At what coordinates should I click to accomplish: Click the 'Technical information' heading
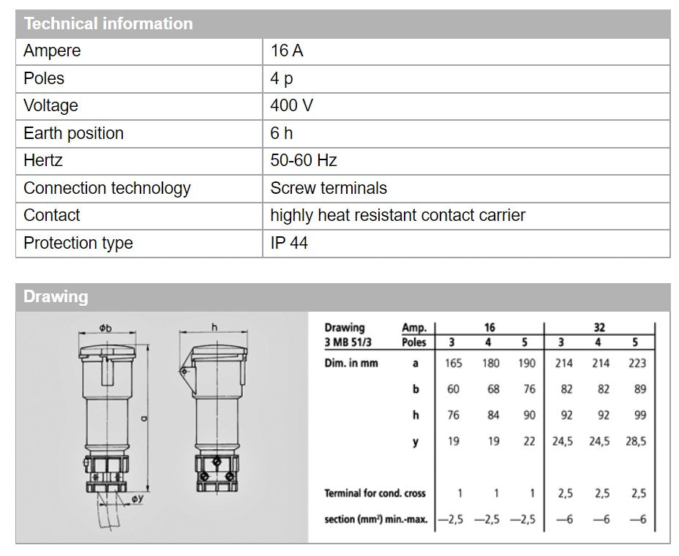click(108, 23)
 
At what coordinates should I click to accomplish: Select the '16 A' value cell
click(287, 51)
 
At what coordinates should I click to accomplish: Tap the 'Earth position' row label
click(73, 133)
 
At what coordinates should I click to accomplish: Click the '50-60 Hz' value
click(304, 160)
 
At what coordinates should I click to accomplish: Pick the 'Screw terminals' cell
click(329, 188)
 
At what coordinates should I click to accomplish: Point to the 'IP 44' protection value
click(289, 243)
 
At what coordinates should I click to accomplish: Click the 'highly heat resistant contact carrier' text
click(397, 215)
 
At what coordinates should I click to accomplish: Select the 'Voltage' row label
click(50, 105)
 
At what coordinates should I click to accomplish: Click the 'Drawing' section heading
click(56, 297)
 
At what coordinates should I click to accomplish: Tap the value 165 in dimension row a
click(453, 363)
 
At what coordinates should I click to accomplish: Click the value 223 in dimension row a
click(637, 363)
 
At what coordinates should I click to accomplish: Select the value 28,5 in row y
click(637, 441)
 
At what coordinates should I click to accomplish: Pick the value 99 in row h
click(639, 415)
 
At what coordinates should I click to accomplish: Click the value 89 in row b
click(639, 389)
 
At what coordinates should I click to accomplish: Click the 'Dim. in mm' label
click(351, 363)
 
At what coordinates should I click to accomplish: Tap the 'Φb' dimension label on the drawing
click(105, 328)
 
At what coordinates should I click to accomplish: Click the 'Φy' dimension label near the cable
click(137, 498)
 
